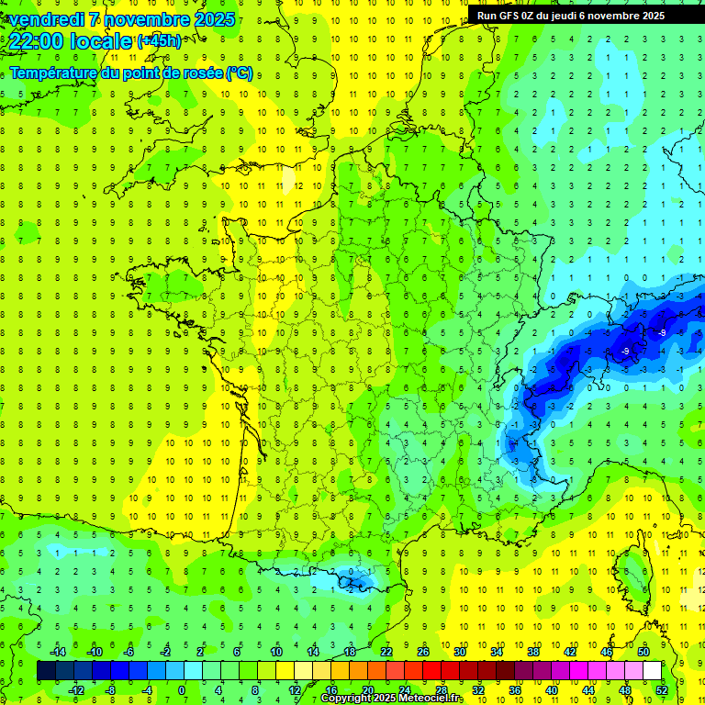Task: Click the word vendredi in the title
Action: [45, 19]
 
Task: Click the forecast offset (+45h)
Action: [159, 41]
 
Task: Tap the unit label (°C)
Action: [240, 73]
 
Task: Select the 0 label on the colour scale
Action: [181, 689]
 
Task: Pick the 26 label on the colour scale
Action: [423, 651]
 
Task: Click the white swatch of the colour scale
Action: [653, 670]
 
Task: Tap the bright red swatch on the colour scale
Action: [432, 670]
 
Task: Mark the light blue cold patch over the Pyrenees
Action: [353, 578]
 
